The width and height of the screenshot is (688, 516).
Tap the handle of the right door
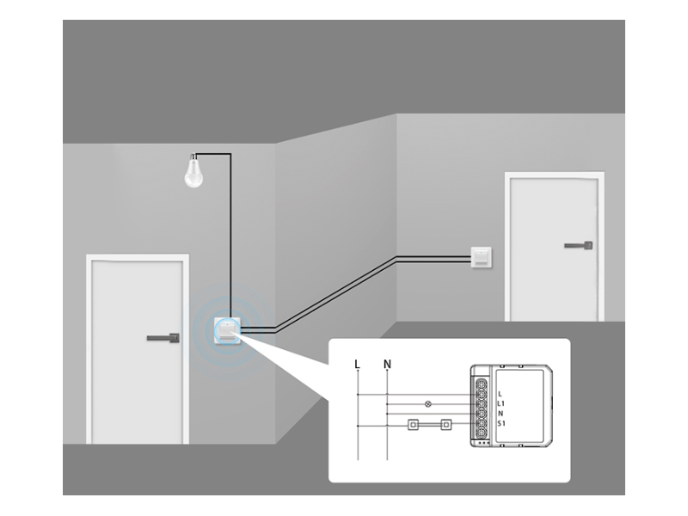point(579,246)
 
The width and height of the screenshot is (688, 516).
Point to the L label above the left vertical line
point(357,364)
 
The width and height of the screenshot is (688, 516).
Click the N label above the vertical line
point(387,364)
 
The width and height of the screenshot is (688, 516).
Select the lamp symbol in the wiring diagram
point(429,402)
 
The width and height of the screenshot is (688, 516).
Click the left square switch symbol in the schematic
point(414,423)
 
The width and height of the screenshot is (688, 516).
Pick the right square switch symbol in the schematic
point(445,423)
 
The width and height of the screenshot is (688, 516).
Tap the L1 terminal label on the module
point(501,402)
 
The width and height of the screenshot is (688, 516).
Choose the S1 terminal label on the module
point(501,423)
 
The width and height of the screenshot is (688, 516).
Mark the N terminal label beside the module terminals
point(501,413)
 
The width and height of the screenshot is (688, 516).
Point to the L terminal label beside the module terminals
point(500,393)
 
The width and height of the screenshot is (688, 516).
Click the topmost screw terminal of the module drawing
point(483,383)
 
